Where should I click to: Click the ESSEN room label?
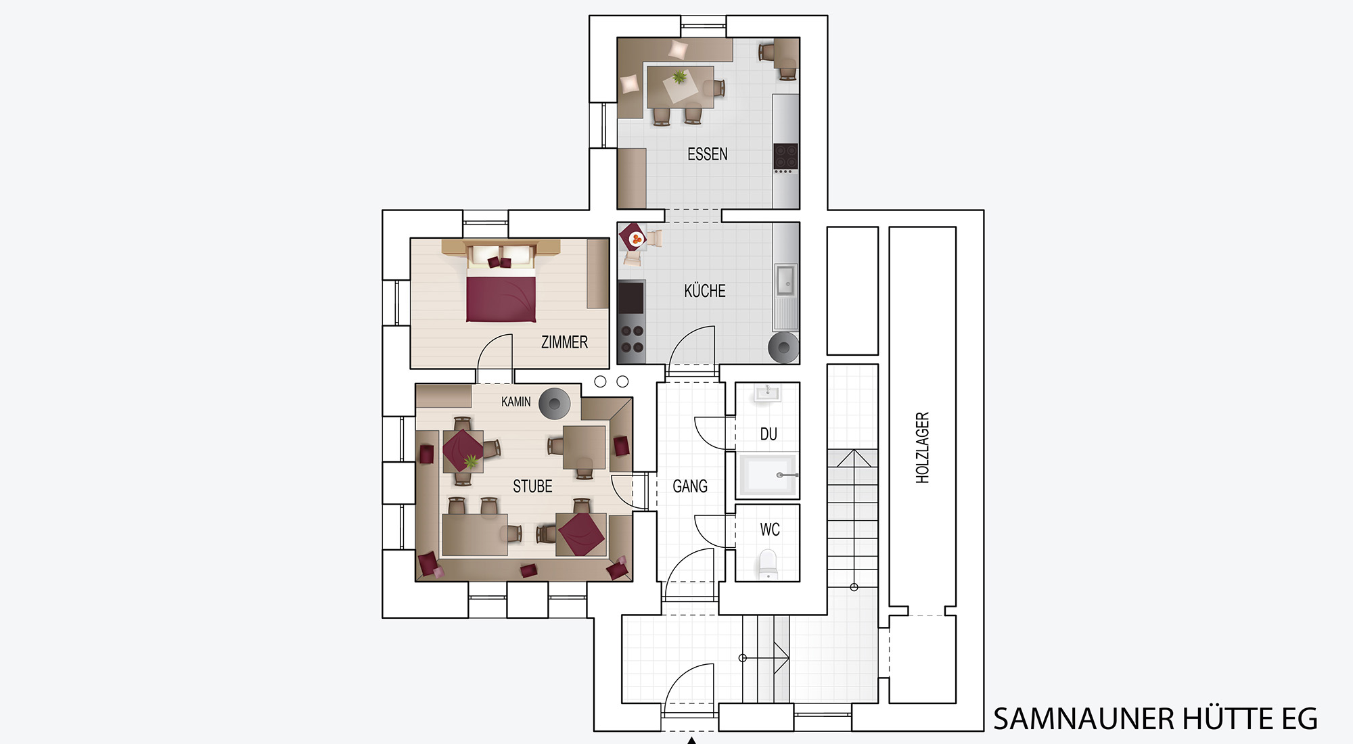click(708, 154)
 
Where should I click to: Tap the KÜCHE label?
click(705, 291)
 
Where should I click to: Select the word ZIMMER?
click(564, 342)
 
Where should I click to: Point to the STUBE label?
click(532, 486)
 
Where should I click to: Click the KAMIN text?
click(515, 402)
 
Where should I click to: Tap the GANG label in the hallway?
click(690, 486)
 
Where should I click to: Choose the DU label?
click(769, 434)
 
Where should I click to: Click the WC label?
click(770, 530)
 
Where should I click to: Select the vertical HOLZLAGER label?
click(922, 448)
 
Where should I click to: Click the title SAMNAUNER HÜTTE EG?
click(1155, 719)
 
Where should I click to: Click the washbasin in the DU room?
click(767, 392)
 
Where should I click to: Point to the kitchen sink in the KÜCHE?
click(785, 280)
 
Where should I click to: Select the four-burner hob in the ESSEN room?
click(786, 156)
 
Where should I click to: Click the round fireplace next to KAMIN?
click(555, 404)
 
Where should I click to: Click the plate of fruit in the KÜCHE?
click(636, 239)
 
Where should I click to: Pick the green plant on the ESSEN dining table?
click(679, 78)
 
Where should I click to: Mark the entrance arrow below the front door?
click(691, 741)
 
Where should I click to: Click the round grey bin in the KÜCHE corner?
click(783, 348)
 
